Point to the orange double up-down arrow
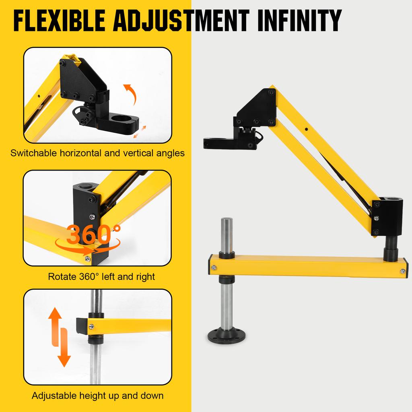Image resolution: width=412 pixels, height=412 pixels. coord(60,337)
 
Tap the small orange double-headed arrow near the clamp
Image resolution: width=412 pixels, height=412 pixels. coord(141,131)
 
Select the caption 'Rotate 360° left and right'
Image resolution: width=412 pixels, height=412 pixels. coord(101,277)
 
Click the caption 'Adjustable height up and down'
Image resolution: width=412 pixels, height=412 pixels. coord(98,396)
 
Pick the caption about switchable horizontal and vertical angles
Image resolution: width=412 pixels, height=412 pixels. coord(98,153)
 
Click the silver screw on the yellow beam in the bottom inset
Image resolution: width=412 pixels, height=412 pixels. coord(92,326)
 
